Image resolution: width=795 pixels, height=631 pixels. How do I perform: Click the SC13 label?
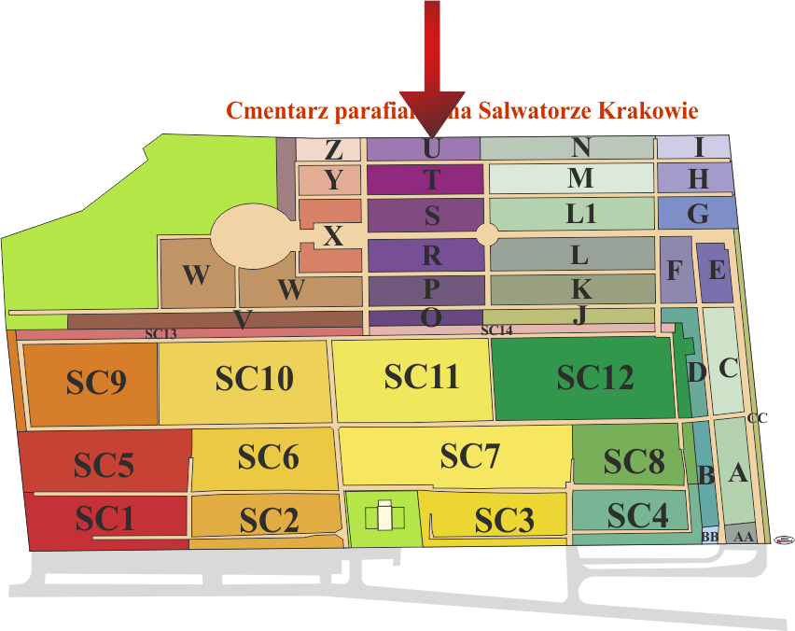tap(160, 333)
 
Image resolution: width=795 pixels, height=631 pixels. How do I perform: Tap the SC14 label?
tap(496, 330)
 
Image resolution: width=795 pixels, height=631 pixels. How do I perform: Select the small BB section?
tap(710, 538)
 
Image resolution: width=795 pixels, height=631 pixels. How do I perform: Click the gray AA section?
tap(743, 537)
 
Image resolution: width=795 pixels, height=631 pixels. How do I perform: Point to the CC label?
tap(757, 418)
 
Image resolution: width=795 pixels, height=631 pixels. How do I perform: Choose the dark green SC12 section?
tap(594, 378)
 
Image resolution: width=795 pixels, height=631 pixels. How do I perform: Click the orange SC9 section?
tap(96, 384)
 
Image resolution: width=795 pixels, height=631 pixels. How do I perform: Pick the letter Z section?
tap(332, 149)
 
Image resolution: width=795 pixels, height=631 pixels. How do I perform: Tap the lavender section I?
tap(698, 147)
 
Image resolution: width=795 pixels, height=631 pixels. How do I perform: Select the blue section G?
tap(697, 214)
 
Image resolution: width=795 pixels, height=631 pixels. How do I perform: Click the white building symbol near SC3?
tap(384, 518)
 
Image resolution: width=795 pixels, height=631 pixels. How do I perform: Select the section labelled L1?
tap(580, 214)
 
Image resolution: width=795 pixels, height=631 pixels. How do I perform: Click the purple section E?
tap(717, 272)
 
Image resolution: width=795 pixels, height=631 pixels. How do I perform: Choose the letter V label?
tap(243, 320)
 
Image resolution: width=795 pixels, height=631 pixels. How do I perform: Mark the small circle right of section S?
tap(487, 233)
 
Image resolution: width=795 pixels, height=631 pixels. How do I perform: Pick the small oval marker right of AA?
tap(784, 539)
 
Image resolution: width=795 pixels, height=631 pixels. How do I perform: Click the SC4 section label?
tap(637, 514)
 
